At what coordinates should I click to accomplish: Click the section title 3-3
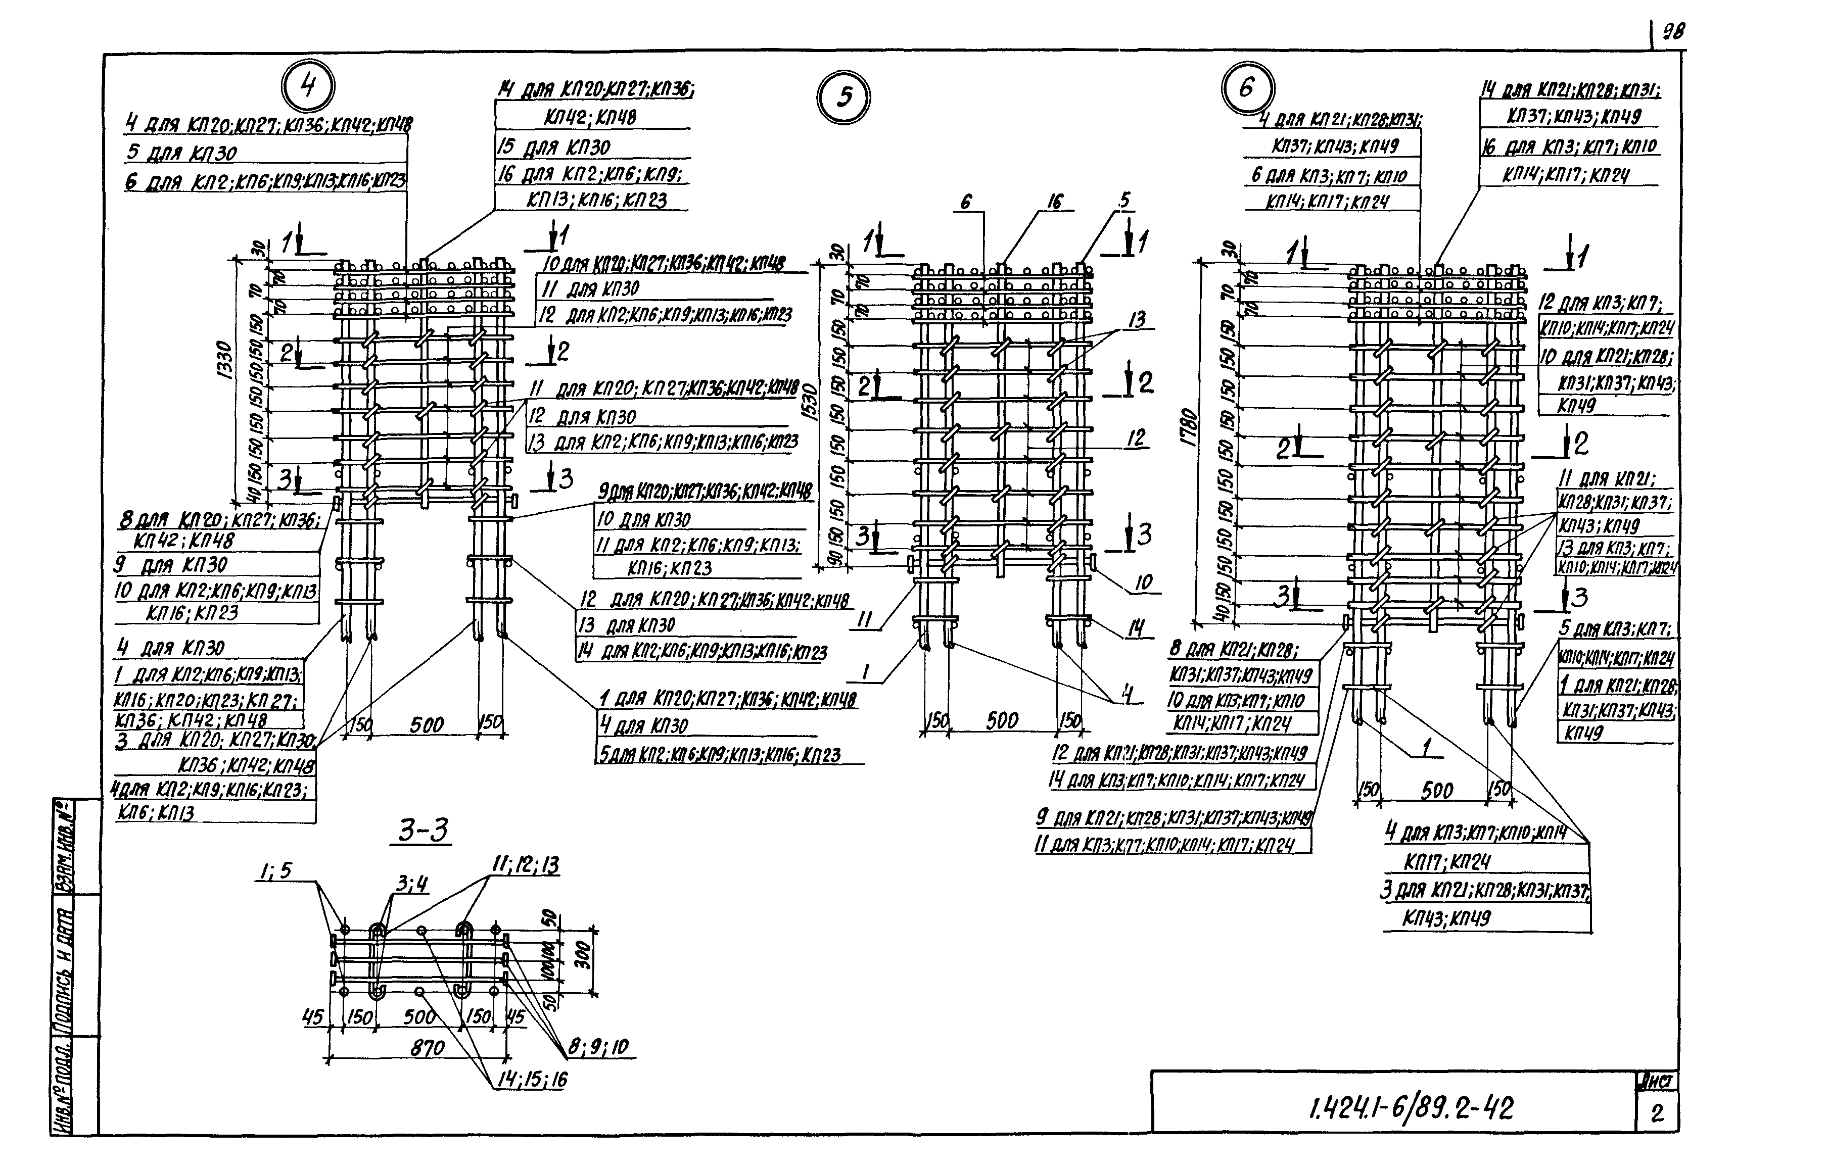tap(424, 831)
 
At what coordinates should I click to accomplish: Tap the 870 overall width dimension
tap(427, 1048)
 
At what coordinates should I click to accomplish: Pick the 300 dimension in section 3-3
tap(583, 955)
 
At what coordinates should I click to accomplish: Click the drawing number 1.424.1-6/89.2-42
tap(1411, 1109)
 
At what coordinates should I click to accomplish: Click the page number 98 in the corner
tap(1673, 32)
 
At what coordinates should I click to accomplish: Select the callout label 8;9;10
tap(598, 1048)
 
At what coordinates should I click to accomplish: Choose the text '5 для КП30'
tap(182, 153)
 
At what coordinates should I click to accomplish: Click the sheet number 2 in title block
tap(1657, 1113)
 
